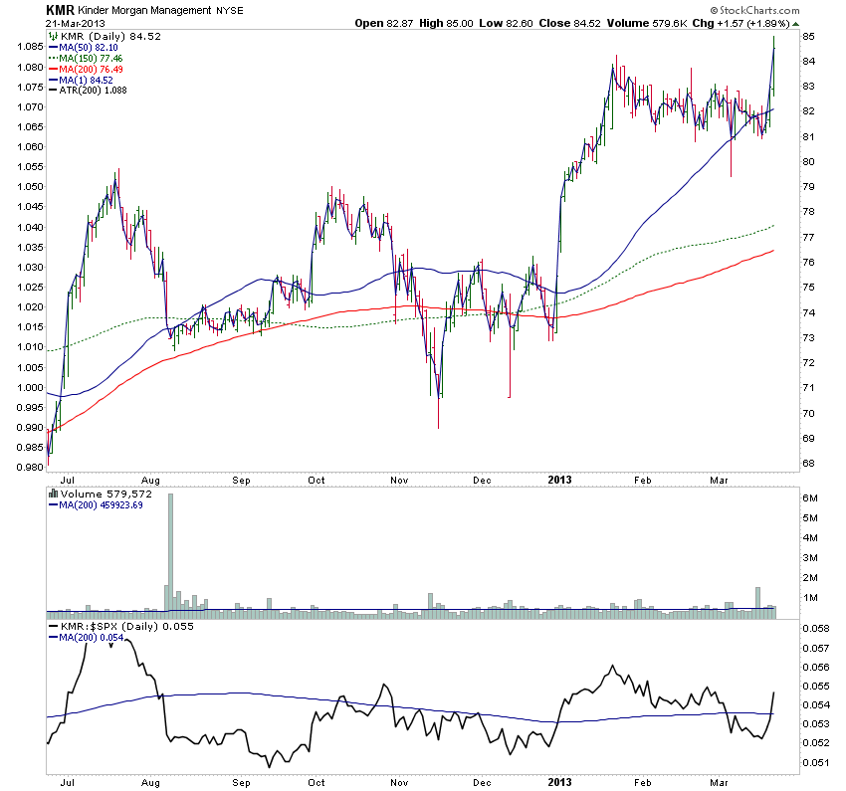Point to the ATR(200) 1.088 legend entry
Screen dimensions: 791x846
click(x=92, y=91)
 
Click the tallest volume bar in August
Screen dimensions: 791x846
click(x=170, y=552)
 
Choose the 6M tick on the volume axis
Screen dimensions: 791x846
click(x=810, y=497)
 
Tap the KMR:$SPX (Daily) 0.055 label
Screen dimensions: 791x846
click(x=119, y=627)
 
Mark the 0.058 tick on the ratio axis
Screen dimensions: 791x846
click(x=816, y=630)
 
